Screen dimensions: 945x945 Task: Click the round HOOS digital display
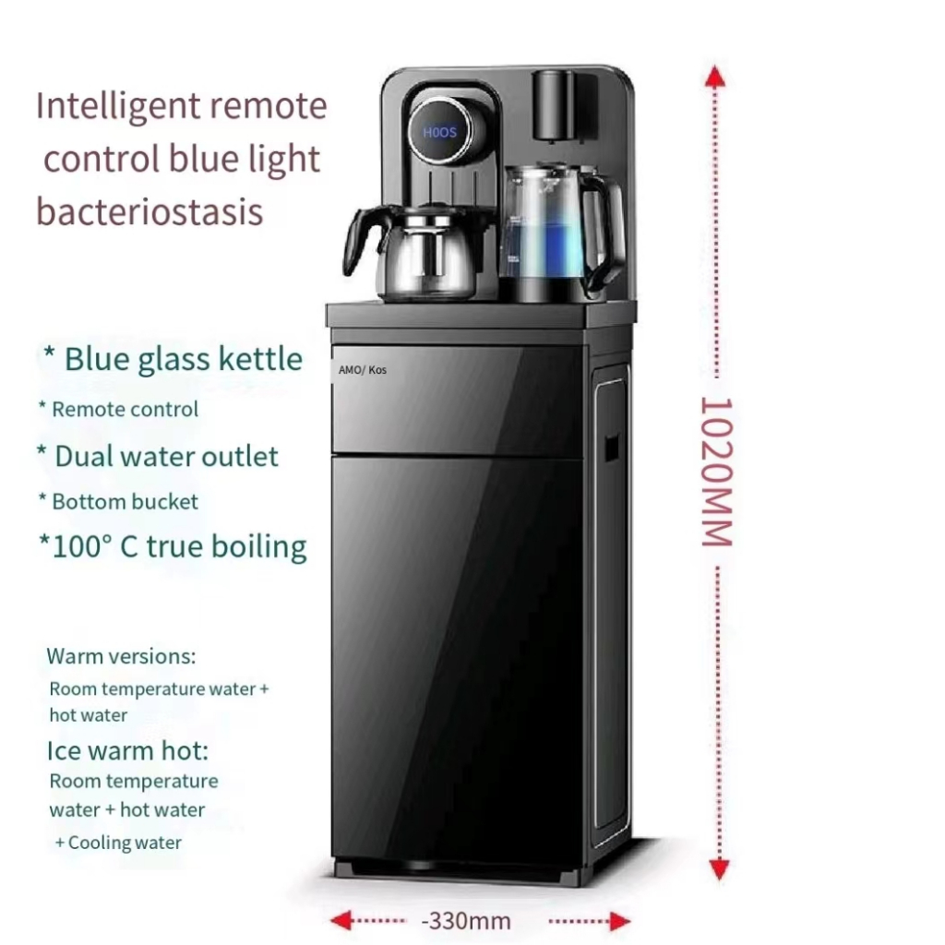click(439, 132)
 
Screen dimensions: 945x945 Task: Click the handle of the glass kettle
click(610, 231)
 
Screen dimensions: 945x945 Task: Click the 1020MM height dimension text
click(716, 472)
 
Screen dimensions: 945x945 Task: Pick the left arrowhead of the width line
click(342, 920)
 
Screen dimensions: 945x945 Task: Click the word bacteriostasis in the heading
click(150, 211)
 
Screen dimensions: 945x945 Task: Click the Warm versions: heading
click(121, 657)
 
